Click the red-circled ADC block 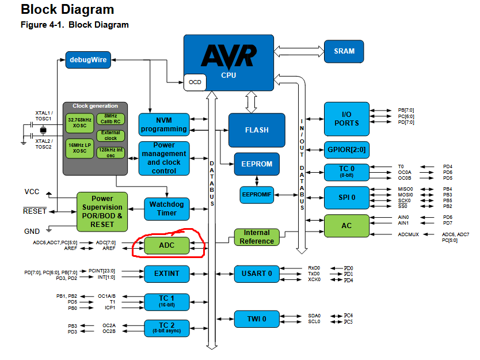pos(166,245)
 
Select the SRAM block pos(344,51)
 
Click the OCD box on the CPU pos(195,82)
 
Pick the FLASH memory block pos(257,130)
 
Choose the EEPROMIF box pos(256,195)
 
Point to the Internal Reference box pos(257,237)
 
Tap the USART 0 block pos(257,273)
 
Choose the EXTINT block pos(166,273)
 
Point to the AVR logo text pos(228,56)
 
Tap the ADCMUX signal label pos(409,234)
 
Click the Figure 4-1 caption pos(75,25)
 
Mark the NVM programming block pos(164,124)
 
